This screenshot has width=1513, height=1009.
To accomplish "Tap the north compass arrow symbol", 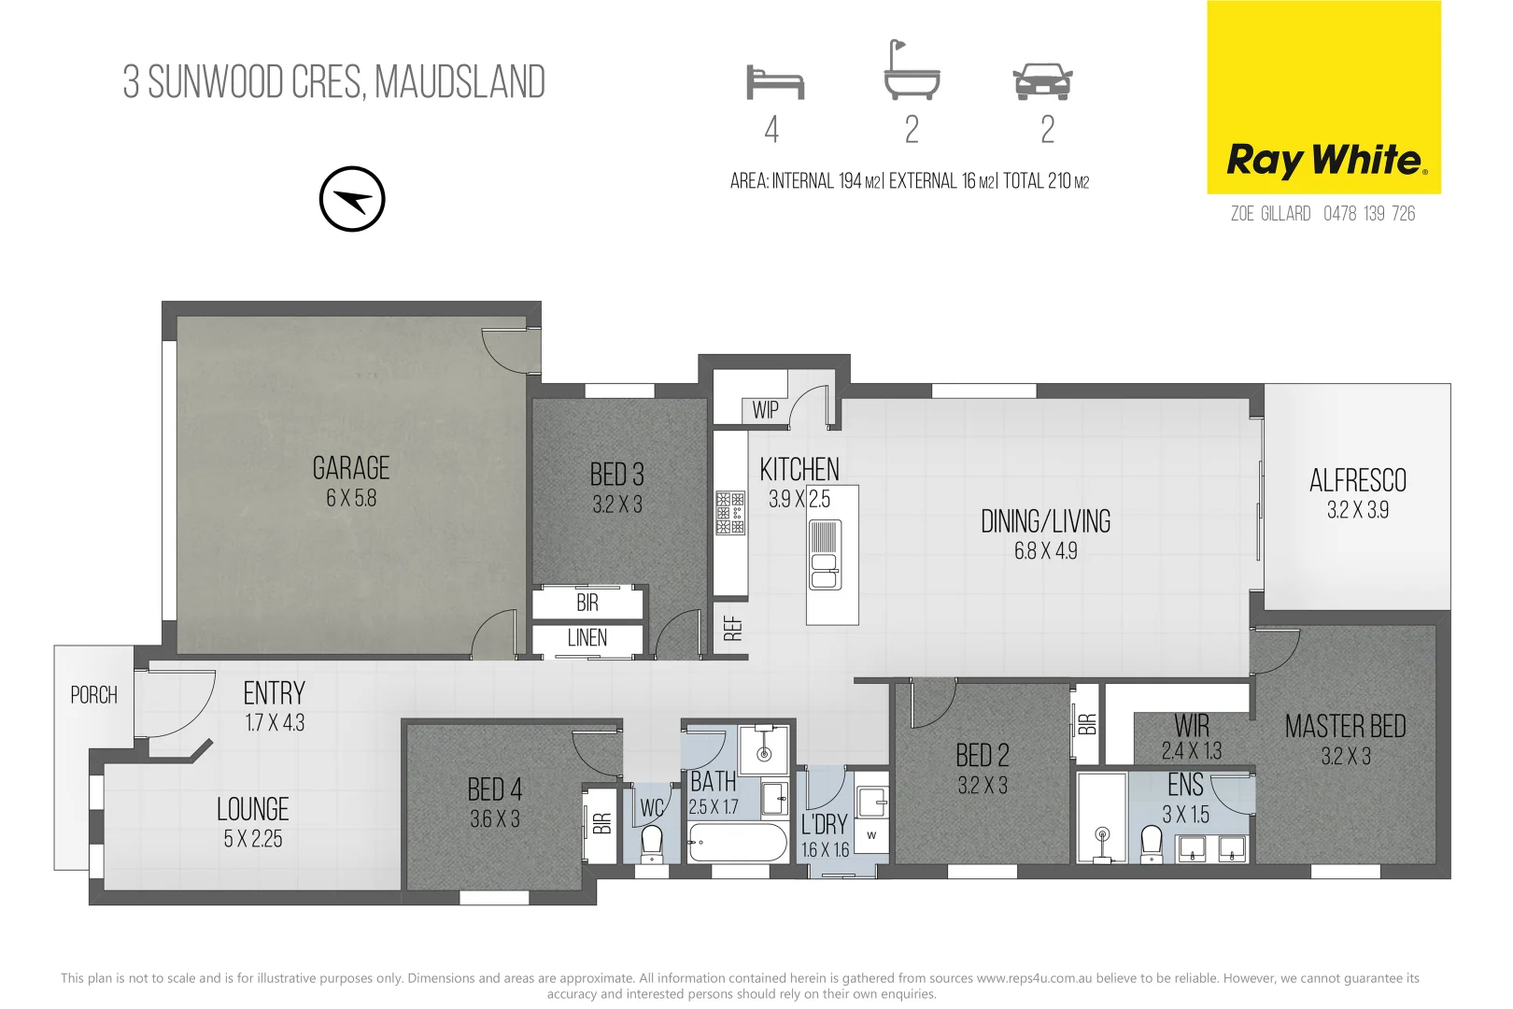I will click(x=352, y=199).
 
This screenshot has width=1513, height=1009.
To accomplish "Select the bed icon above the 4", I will click(x=774, y=82).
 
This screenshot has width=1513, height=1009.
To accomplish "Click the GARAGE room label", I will click(x=351, y=468).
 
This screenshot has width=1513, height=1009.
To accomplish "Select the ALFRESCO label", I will click(x=1357, y=481).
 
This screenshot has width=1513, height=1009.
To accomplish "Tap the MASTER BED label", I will click(x=1345, y=727).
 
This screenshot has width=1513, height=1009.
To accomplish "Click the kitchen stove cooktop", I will click(x=730, y=513).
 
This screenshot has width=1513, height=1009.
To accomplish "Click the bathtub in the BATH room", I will click(x=738, y=844).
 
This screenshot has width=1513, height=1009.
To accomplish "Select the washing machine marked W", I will click(x=870, y=835).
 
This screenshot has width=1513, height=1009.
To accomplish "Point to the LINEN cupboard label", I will click(x=587, y=639).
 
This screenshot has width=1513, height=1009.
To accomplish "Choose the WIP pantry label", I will click(x=765, y=409).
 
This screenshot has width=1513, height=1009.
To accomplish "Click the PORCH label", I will click(x=94, y=695).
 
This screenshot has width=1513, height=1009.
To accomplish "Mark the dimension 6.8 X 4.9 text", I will click(x=1045, y=551).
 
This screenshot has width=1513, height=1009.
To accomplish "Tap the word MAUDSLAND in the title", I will click(x=460, y=82).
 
